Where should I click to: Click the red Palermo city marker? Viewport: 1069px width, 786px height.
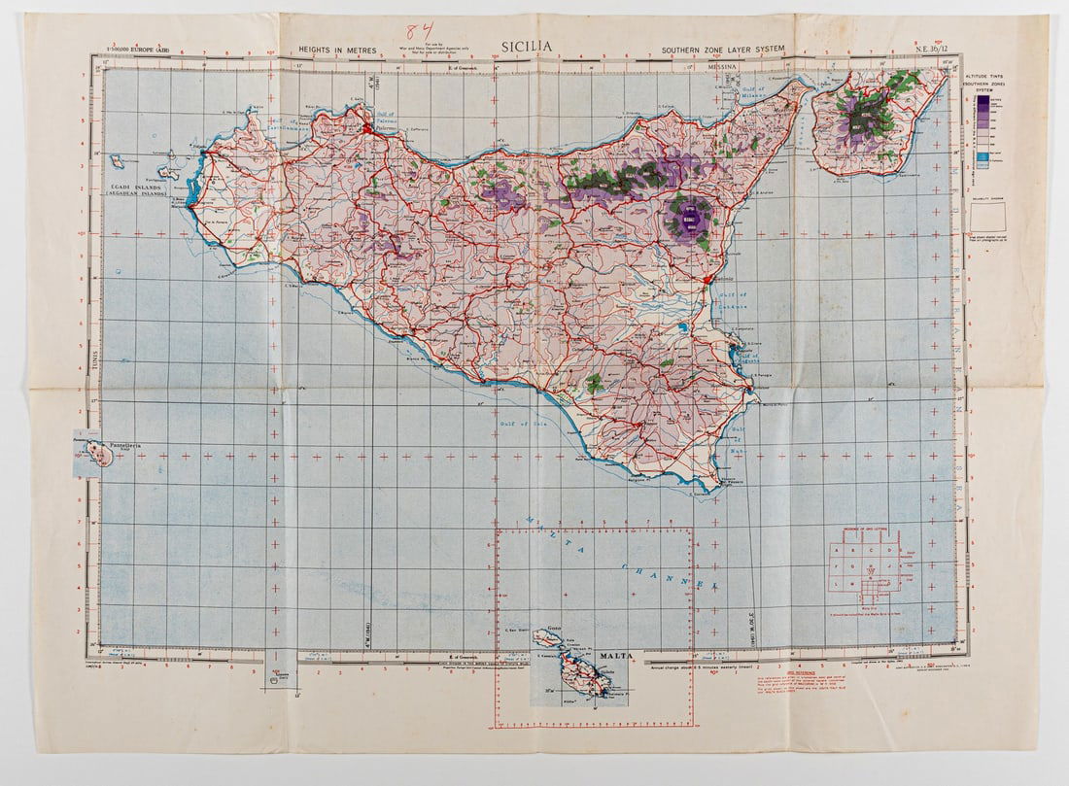click(367, 127)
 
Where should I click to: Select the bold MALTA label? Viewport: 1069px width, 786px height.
click(614, 656)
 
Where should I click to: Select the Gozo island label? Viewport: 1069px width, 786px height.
click(556, 631)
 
